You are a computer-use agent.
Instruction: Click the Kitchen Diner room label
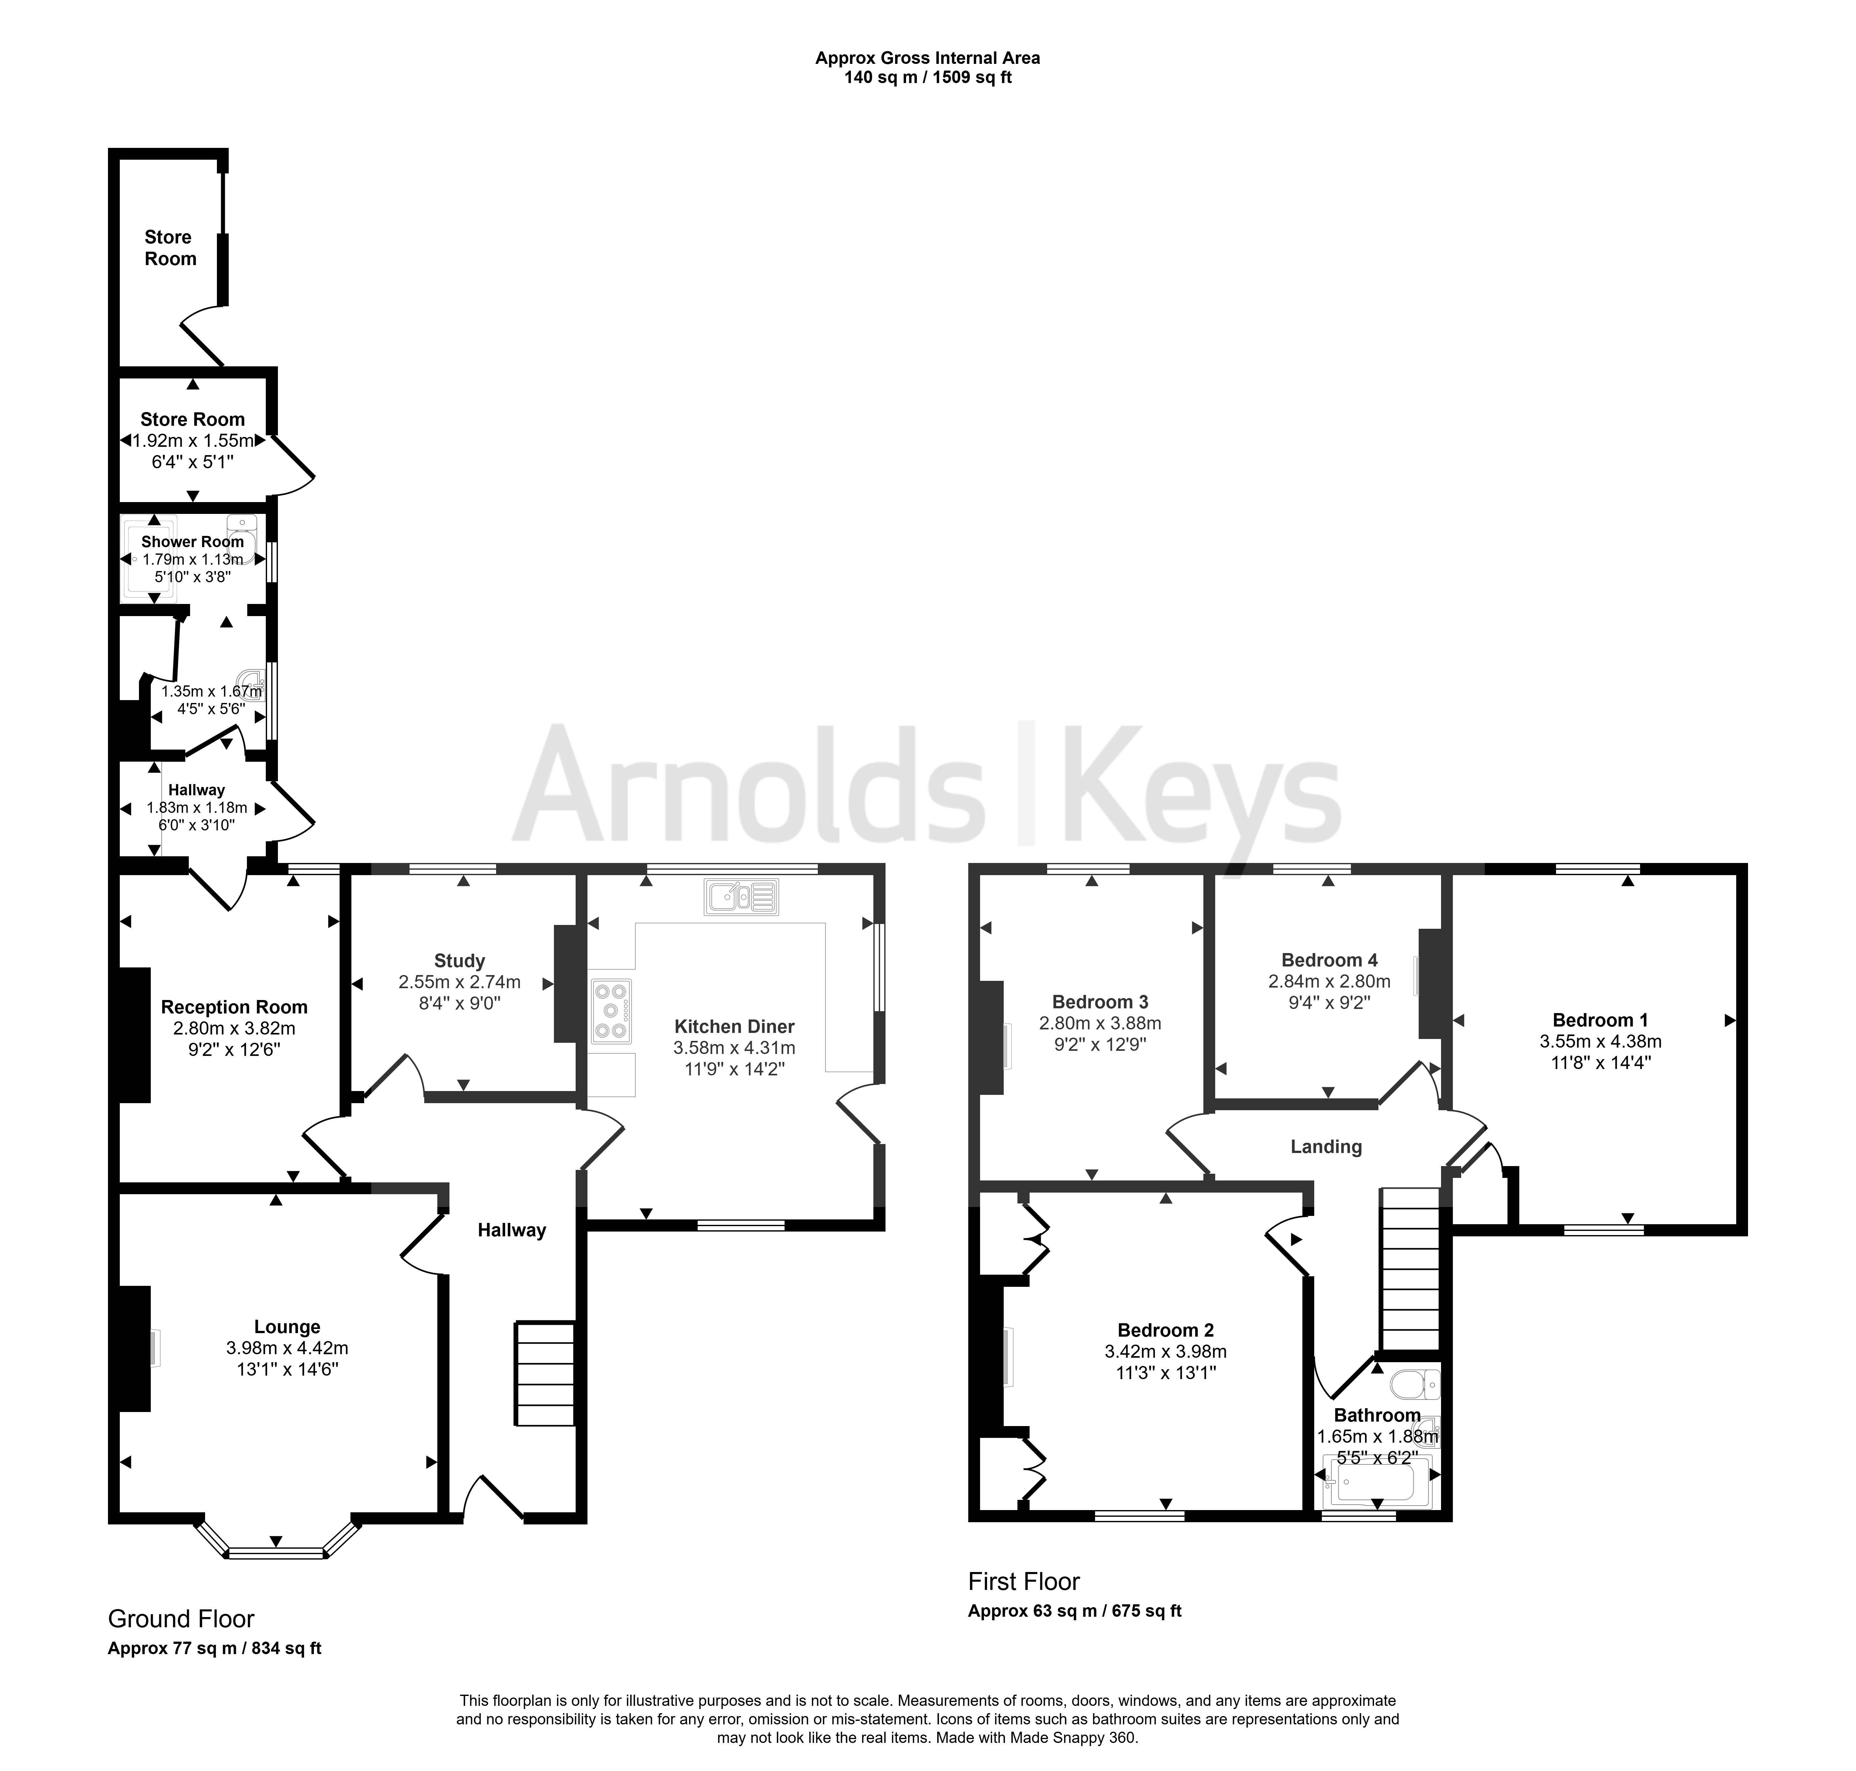click(734, 1026)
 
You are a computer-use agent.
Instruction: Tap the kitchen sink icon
click(741, 897)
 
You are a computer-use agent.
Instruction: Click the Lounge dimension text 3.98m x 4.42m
click(287, 1348)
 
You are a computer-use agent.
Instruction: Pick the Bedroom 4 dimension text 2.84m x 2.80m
click(1329, 982)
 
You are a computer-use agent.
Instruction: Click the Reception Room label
click(234, 1007)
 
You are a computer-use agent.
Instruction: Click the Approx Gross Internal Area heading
click(928, 57)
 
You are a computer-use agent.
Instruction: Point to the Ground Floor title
click(181, 1619)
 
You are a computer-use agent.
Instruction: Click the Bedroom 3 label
click(1101, 1002)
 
